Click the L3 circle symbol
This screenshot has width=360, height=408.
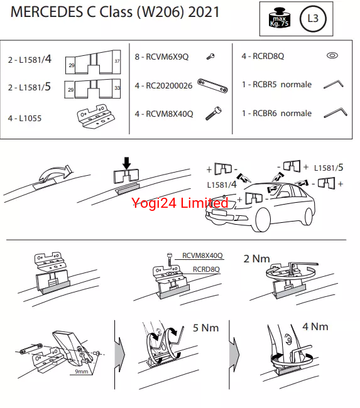coord(313,18)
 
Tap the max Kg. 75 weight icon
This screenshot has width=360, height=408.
coord(279,18)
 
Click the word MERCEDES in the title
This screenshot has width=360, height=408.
coord(46,12)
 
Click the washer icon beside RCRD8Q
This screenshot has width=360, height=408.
coord(332,55)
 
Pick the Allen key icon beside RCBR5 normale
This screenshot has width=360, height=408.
coord(334,84)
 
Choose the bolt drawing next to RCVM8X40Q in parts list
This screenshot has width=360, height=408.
coord(214,113)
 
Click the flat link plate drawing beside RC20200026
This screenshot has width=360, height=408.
coord(212,85)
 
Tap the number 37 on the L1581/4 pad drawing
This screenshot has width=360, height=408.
coord(117,61)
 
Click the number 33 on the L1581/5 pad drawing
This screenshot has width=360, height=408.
coord(117,88)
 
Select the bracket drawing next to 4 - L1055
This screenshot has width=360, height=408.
coord(95,116)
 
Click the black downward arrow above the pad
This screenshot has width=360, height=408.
coord(127,163)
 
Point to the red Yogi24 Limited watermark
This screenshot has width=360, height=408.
coord(180,203)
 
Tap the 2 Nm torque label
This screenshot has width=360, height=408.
coord(256,259)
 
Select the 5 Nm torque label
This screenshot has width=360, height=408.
coord(205,328)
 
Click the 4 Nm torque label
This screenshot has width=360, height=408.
coord(315,326)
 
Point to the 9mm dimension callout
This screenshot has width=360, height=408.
coord(82,372)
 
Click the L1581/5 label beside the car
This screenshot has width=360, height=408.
coord(329,168)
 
